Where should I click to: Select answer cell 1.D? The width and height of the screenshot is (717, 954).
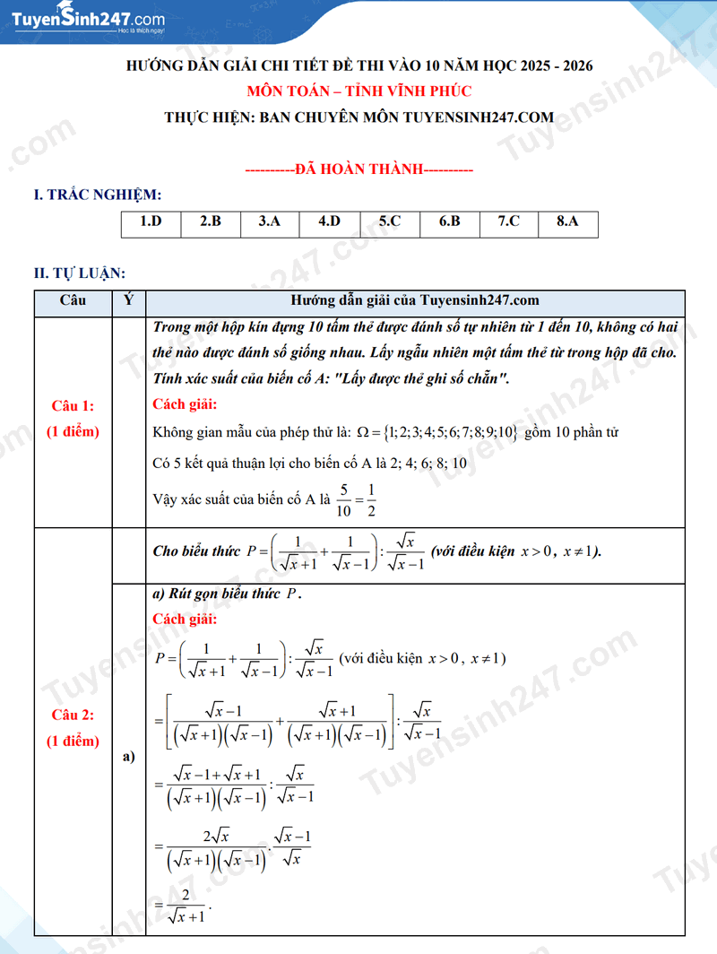click(151, 221)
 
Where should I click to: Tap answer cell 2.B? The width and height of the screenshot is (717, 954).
click(210, 221)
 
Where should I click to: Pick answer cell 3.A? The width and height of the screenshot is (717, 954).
click(270, 221)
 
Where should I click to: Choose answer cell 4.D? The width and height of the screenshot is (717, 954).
click(329, 221)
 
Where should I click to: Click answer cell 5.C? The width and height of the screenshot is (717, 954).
click(389, 221)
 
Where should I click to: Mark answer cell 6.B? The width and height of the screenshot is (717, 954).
click(449, 221)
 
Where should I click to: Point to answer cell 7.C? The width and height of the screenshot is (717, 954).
click(508, 221)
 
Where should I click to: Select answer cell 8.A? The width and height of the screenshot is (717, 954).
click(567, 221)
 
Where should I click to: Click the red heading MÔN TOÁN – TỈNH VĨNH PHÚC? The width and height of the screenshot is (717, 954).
click(358, 91)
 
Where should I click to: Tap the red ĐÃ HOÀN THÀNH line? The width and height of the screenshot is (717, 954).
click(358, 169)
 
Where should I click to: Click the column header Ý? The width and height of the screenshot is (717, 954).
click(129, 301)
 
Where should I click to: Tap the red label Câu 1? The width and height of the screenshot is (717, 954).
click(73, 406)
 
